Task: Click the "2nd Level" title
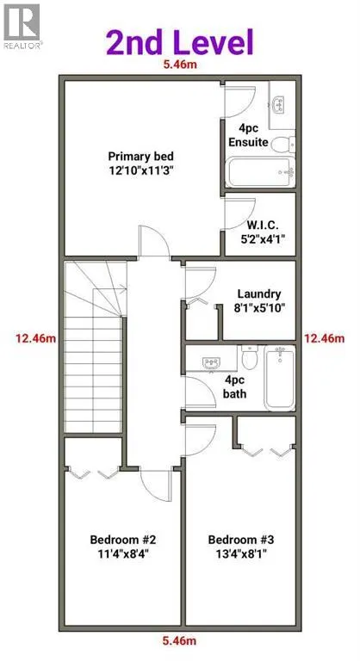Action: (x=179, y=42)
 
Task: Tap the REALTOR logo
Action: (x=22, y=26)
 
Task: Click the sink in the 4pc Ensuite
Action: (x=278, y=105)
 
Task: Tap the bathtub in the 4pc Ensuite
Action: (x=260, y=171)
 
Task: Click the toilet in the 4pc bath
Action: (x=250, y=357)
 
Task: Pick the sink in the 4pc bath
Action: (x=211, y=363)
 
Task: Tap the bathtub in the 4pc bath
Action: (x=279, y=378)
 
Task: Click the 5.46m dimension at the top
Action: (x=180, y=65)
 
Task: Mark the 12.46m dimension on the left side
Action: (x=36, y=338)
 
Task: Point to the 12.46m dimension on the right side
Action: (x=324, y=338)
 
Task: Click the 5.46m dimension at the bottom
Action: (x=180, y=641)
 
